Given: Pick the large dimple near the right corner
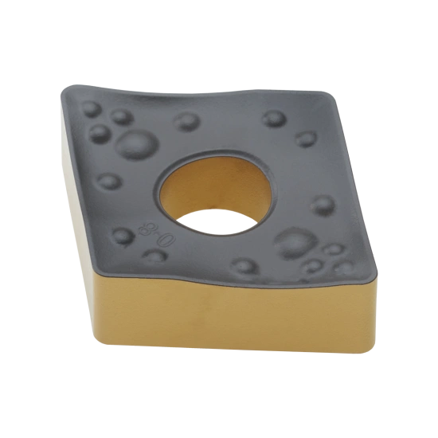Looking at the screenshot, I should [x=295, y=242].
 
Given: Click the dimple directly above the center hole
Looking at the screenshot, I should [x=188, y=122].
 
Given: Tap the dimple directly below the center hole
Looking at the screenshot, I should [x=244, y=266].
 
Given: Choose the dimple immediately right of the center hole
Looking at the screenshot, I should [x=323, y=205].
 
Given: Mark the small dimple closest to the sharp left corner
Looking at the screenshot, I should [x=92, y=109].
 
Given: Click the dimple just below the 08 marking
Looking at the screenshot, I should [x=155, y=256].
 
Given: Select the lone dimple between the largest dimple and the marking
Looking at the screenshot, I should [x=109, y=181].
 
